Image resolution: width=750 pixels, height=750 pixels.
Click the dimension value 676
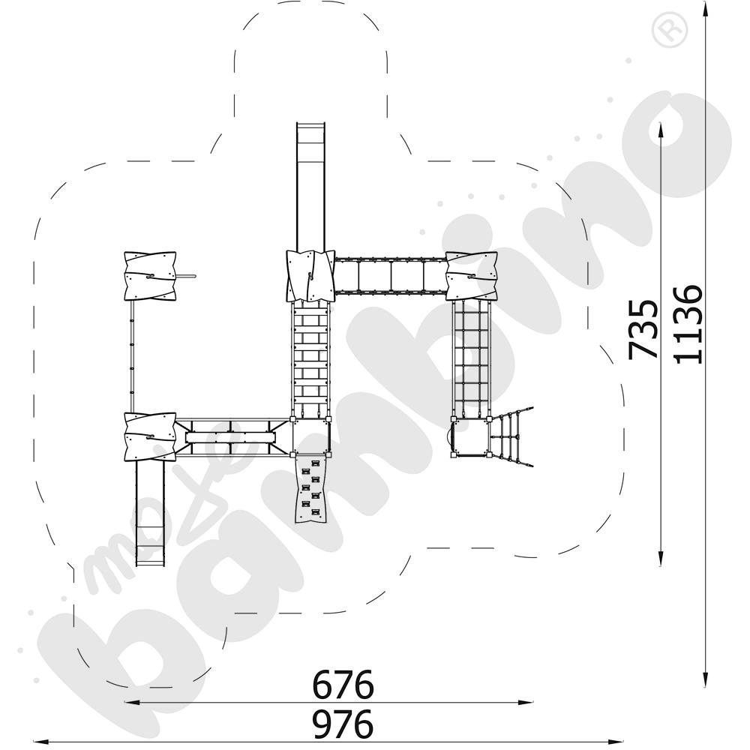coord(343,684)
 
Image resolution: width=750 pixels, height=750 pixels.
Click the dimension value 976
coord(343,724)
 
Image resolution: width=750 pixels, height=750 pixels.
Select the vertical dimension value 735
coord(643,329)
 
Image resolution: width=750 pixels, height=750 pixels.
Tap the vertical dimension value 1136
coord(688,323)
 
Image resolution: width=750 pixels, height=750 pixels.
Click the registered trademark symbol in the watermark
coord(664,30)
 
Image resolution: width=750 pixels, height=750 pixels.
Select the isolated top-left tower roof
coord(150,276)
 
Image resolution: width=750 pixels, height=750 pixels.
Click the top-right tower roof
coord(472,276)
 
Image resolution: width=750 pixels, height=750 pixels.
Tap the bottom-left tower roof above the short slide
coord(150,436)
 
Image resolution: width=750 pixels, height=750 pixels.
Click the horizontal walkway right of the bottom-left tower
coord(231,437)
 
